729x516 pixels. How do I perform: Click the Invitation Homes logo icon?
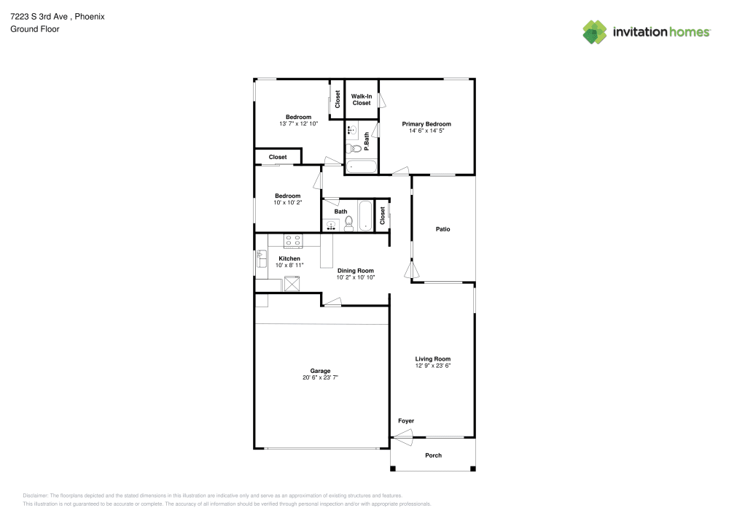point(594,32)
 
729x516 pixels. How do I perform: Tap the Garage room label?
point(320,370)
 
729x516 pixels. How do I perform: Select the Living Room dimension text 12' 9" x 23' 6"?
point(433,366)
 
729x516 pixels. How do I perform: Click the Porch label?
point(433,455)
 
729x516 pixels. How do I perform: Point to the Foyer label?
point(406,421)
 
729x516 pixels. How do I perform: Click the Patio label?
point(443,229)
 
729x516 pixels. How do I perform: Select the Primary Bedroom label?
point(426,124)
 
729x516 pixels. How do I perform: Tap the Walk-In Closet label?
point(362,99)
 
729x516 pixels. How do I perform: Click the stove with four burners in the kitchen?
point(293,239)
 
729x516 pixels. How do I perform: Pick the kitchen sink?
point(262,258)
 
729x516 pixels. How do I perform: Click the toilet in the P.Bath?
point(354,148)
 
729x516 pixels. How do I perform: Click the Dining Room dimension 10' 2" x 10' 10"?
point(355,277)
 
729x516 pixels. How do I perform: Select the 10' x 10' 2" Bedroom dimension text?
point(287,202)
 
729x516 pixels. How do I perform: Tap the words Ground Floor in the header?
point(35,29)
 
